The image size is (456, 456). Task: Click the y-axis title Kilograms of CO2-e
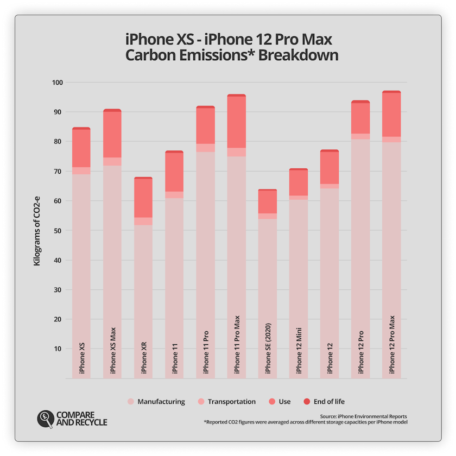click(37, 230)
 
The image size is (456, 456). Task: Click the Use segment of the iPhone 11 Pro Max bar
click(237, 122)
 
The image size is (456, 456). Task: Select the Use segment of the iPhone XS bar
click(81, 148)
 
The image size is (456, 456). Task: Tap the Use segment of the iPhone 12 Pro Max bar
click(391, 115)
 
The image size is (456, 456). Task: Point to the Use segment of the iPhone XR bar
click(143, 198)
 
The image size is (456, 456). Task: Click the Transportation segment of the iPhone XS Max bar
click(112, 162)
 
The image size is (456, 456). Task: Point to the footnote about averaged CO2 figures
click(305, 422)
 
